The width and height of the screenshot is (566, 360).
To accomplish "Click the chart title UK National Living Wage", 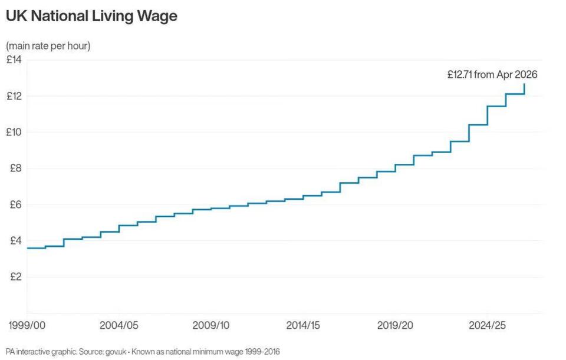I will (91, 16).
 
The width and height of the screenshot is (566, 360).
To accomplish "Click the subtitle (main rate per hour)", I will (48, 46).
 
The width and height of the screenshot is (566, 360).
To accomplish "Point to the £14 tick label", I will (14, 60).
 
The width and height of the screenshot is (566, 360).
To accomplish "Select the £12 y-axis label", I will (14, 96).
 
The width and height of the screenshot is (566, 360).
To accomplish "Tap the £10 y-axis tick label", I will (14, 132).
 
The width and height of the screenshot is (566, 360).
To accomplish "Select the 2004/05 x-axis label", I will (119, 325).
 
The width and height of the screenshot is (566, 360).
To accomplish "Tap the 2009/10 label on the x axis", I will (211, 325).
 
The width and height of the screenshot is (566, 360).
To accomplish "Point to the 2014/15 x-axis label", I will (303, 325).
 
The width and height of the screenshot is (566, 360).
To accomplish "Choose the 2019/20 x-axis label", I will (396, 325).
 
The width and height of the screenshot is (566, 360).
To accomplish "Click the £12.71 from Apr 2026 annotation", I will (492, 75).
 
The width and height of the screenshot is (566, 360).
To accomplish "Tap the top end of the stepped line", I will (524, 84).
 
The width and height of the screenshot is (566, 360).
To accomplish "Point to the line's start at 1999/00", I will (28, 248).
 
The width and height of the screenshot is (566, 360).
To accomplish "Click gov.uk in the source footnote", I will (117, 352).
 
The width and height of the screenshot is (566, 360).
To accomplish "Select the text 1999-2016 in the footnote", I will (262, 352).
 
